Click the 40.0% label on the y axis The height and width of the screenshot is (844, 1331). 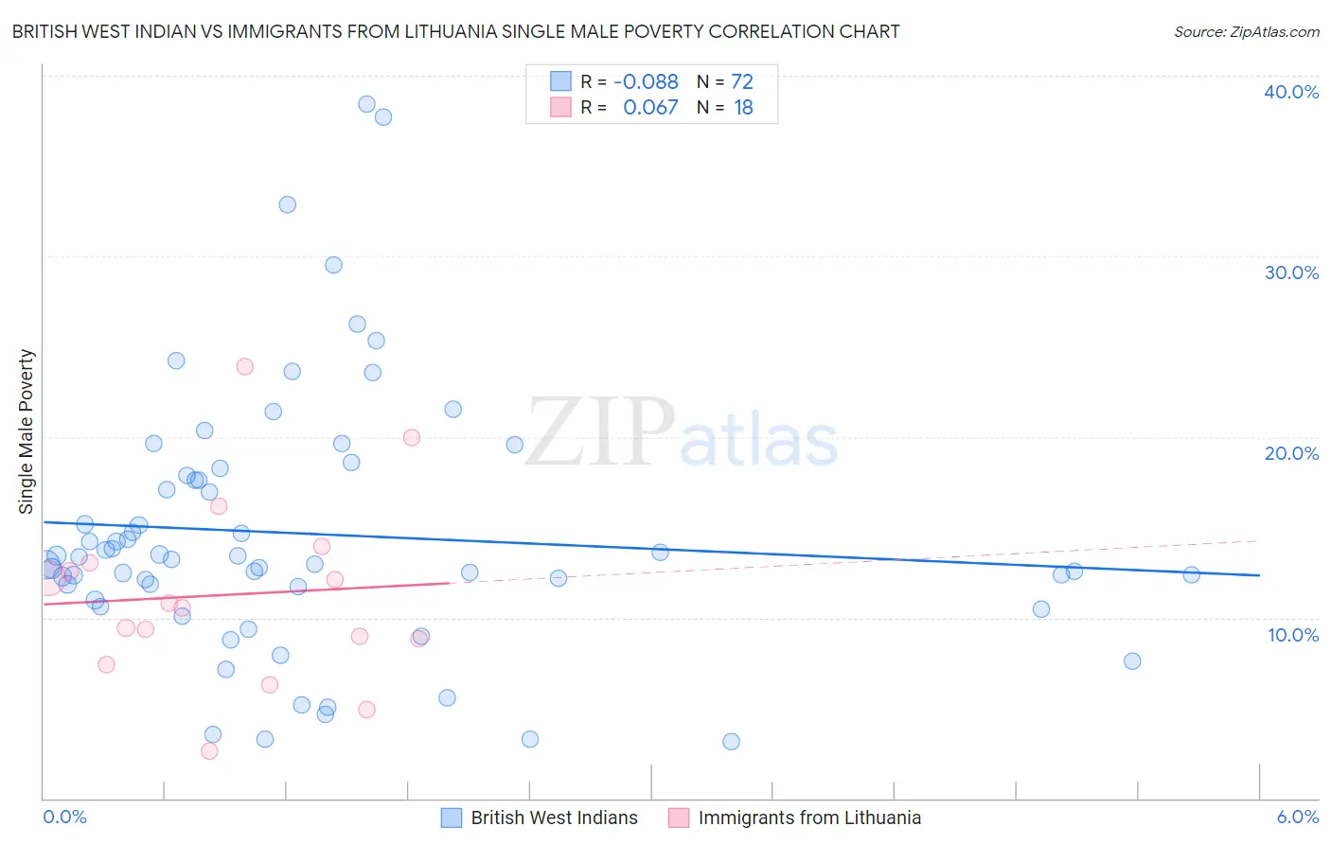pyautogui.click(x=1291, y=92)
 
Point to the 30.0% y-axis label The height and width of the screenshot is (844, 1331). pyautogui.click(x=1291, y=273)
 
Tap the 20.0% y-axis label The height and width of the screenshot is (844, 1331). pyautogui.click(x=1291, y=453)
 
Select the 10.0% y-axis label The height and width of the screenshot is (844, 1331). pyautogui.click(x=1293, y=635)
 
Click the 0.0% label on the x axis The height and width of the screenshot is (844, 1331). pyautogui.click(x=64, y=817)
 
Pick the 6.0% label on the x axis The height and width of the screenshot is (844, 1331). pyautogui.click(x=1297, y=817)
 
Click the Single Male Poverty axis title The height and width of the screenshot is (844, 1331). pyautogui.click(x=27, y=431)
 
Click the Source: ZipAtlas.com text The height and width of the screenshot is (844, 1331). pyautogui.click(x=1246, y=32)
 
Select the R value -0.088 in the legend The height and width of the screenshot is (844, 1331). pyautogui.click(x=646, y=82)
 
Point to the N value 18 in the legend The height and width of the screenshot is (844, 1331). pyautogui.click(x=743, y=108)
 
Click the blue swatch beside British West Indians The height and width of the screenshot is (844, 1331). pyautogui.click(x=452, y=818)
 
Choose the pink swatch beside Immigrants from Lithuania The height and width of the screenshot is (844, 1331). pyautogui.click(x=679, y=818)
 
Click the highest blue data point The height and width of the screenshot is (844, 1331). pyautogui.click(x=366, y=104)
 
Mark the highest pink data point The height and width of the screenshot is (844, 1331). pyautogui.click(x=244, y=366)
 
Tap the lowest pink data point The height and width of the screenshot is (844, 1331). pyautogui.click(x=209, y=751)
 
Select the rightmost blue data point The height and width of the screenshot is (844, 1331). pyautogui.click(x=1191, y=574)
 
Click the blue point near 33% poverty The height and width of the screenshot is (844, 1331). pyautogui.click(x=287, y=204)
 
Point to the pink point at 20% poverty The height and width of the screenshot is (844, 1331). pyautogui.click(x=412, y=437)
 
